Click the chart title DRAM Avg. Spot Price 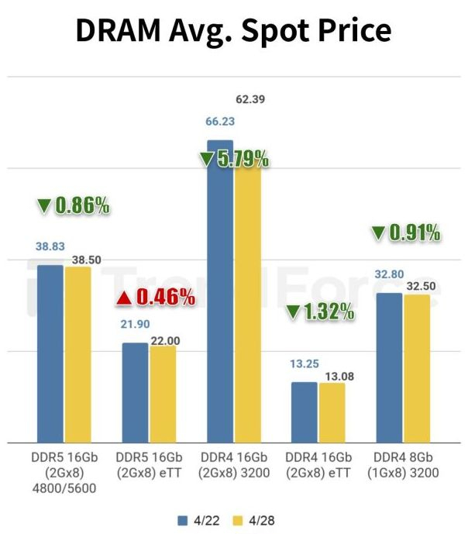[233, 30]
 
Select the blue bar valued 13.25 [305, 412]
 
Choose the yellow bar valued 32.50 [416, 368]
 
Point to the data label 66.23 [220, 122]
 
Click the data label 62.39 [249, 99]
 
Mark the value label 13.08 [334, 376]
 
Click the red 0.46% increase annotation [156, 296]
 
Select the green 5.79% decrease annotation [234, 160]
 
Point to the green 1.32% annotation [320, 312]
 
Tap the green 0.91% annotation [405, 232]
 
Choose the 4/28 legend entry [256, 519]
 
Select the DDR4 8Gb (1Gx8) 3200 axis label [404, 463]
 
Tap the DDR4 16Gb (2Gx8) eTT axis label [318, 463]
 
